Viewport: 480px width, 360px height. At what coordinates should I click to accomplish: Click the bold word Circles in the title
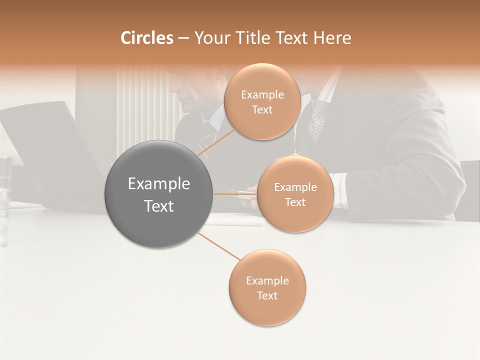click(146, 38)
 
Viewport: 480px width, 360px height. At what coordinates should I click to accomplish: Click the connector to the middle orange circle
click(235, 194)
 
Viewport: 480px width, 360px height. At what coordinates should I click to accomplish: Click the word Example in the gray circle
click(159, 184)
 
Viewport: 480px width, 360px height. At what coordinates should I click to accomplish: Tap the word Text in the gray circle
click(159, 206)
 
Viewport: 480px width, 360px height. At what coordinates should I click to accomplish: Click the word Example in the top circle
click(262, 95)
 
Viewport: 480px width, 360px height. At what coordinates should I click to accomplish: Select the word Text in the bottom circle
click(267, 295)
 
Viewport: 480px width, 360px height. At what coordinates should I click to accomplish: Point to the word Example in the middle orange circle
click(295, 187)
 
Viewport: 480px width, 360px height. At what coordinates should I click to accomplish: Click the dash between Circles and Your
click(183, 38)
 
